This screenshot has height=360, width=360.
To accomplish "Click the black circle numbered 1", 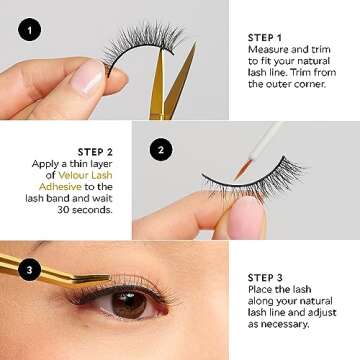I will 29,30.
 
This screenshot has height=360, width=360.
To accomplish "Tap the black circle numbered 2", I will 161,150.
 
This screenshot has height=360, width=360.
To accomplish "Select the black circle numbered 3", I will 29,269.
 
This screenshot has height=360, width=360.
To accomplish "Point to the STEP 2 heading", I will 95,152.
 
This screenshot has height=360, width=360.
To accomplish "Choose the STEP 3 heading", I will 265,277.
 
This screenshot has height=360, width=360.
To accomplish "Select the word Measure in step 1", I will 267,50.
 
